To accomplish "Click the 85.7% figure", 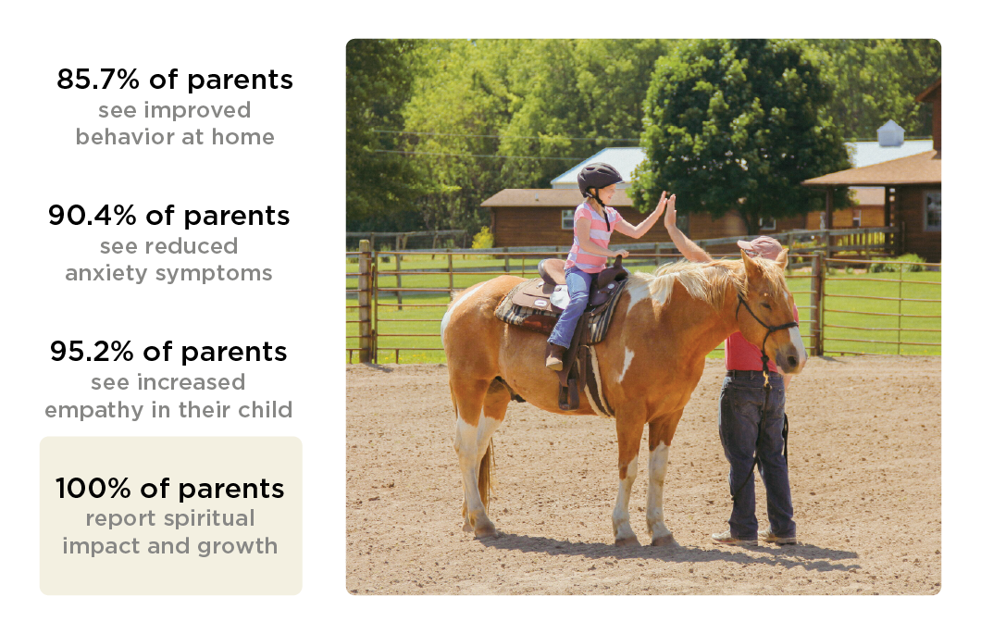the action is point(97,80).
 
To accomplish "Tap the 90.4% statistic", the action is point(92,216).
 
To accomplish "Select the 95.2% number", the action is point(92,352).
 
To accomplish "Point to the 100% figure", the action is point(93,488).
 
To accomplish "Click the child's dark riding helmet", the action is point(599,178).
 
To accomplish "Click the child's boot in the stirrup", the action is point(554,357).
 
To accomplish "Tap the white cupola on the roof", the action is point(890,133).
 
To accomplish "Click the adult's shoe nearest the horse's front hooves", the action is point(733,538).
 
